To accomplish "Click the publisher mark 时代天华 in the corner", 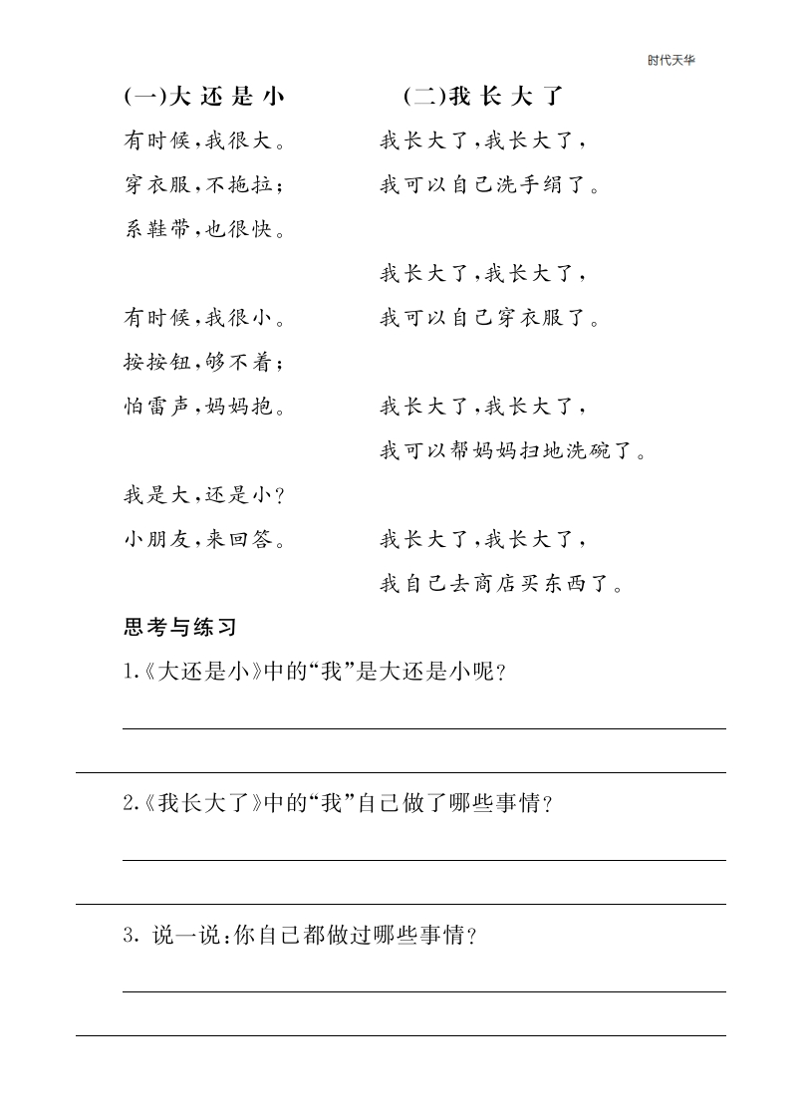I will pyautogui.click(x=670, y=60).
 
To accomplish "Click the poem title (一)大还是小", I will pyautogui.click(x=205, y=97).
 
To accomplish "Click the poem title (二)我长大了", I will pyautogui.click(x=484, y=97).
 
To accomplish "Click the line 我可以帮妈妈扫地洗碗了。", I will pyautogui.click(x=513, y=451).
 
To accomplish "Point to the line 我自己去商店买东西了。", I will pyautogui.click(x=502, y=584).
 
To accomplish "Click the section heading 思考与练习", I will pyautogui.click(x=179, y=628).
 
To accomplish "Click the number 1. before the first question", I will pyautogui.click(x=130, y=672).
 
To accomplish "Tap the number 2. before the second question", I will pyautogui.click(x=130, y=804).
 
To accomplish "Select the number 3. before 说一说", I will pyautogui.click(x=130, y=936).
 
